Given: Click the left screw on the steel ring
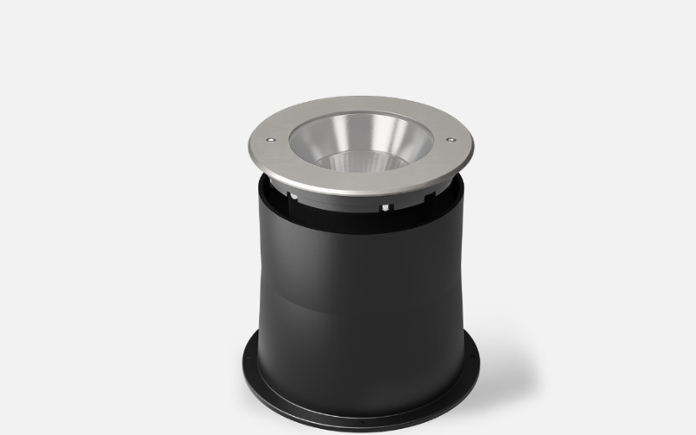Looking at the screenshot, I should coord(270,138).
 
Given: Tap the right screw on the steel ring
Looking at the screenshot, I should coord(451,138).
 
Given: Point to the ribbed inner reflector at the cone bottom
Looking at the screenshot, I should coord(360,160).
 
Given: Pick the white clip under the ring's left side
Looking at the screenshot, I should coord(294,198).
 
